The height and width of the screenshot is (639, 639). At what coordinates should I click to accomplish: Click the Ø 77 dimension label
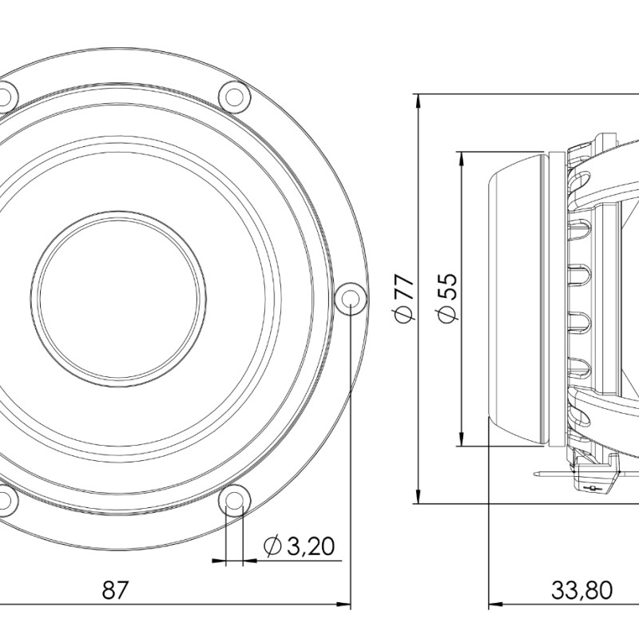(x=405, y=298)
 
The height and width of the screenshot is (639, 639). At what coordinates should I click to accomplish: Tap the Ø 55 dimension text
(x=447, y=298)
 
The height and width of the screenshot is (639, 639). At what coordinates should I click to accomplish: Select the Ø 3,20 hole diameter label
(x=299, y=546)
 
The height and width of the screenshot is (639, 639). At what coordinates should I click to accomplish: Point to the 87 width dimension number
(x=115, y=589)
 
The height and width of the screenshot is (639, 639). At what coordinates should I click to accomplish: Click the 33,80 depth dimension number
(x=581, y=589)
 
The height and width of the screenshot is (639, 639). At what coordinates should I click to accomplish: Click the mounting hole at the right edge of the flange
(x=350, y=298)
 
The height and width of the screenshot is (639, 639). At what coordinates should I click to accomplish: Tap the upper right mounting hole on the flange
(x=234, y=97)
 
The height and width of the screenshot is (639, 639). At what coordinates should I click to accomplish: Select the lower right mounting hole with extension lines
(x=234, y=500)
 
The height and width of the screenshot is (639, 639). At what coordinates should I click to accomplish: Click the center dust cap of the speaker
(x=118, y=299)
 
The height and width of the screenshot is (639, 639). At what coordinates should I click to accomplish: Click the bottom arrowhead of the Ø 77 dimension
(x=418, y=496)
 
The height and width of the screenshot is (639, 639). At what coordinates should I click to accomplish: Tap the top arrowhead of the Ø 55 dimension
(x=461, y=159)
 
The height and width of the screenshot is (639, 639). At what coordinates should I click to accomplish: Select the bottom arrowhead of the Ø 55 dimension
(x=461, y=439)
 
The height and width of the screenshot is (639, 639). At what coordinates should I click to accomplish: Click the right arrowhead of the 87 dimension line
(x=343, y=604)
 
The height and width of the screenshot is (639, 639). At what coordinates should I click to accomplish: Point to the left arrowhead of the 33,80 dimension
(x=495, y=604)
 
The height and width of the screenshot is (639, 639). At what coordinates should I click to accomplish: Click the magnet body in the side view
(x=516, y=299)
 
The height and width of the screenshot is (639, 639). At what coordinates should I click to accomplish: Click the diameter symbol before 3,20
(x=272, y=546)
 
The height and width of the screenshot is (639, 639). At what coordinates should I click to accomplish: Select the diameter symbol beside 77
(x=405, y=314)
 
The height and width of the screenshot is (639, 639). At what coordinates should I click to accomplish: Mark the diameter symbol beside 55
(x=447, y=314)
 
